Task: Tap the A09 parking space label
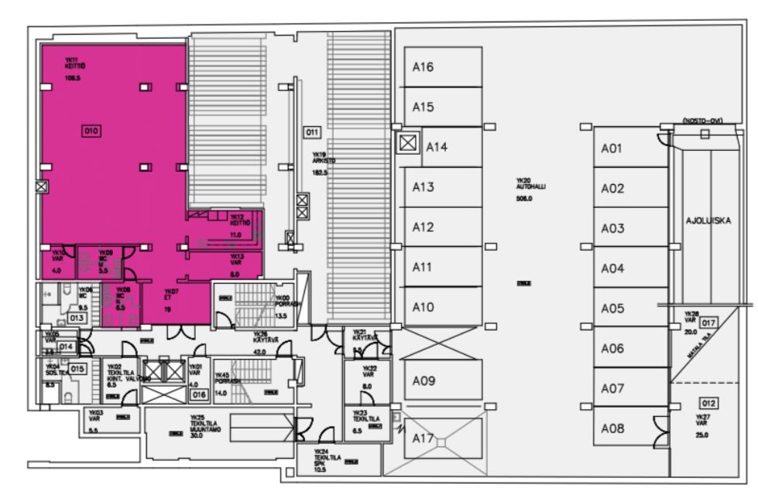(x=423, y=381)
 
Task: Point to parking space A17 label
(x=423, y=438)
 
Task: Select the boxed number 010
(x=91, y=132)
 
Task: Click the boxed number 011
(x=312, y=132)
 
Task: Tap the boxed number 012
(x=708, y=402)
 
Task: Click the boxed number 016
(x=199, y=395)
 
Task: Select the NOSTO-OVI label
(x=703, y=122)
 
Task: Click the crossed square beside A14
(x=406, y=143)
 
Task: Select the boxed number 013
(x=77, y=317)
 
